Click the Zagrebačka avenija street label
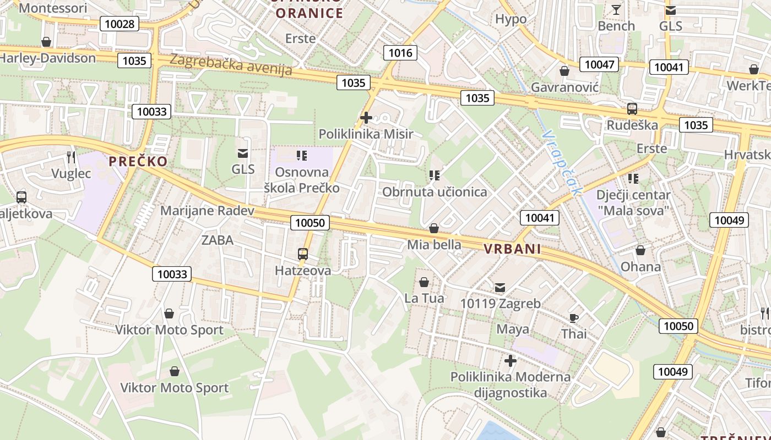(x=231, y=64)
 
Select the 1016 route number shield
(x=400, y=53)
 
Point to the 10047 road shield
(x=599, y=64)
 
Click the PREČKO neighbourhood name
(x=138, y=161)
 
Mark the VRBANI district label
(x=512, y=249)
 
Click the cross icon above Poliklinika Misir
(x=366, y=118)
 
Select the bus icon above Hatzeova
(x=303, y=254)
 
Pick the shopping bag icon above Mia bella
(x=434, y=228)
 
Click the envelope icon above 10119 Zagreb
(x=500, y=287)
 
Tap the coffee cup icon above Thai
(x=574, y=318)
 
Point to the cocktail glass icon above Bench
(x=616, y=10)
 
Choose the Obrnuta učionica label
(x=435, y=192)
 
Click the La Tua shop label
(x=424, y=299)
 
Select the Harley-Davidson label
(x=48, y=58)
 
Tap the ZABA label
(x=218, y=240)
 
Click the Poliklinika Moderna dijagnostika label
(x=511, y=384)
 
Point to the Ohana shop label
(x=640, y=267)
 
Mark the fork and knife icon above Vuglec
(x=71, y=157)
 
